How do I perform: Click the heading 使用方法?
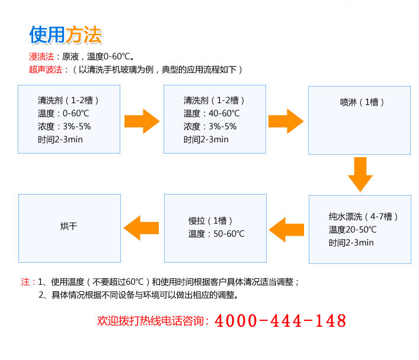(65, 35)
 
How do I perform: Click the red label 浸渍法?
(41, 57)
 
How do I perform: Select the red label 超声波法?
(46, 70)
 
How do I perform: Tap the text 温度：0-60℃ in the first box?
(63, 113)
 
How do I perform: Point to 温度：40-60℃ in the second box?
(212, 113)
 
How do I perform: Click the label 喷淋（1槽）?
(362, 102)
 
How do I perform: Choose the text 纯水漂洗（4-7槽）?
(363, 216)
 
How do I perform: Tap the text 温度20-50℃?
(353, 230)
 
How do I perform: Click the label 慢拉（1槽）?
(210, 221)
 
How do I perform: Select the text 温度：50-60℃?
(216, 234)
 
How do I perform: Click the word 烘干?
(69, 227)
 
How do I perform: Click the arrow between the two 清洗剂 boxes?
(142, 121)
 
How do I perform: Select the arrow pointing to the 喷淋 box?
(286, 121)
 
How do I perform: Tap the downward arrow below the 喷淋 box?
(360, 174)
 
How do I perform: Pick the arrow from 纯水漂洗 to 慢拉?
(286, 230)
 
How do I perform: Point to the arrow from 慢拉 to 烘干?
(141, 228)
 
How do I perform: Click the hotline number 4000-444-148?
(280, 321)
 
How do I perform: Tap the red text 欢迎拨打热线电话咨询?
(151, 321)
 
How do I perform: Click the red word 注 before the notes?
(25, 282)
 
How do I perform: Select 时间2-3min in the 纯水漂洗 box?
(351, 243)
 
